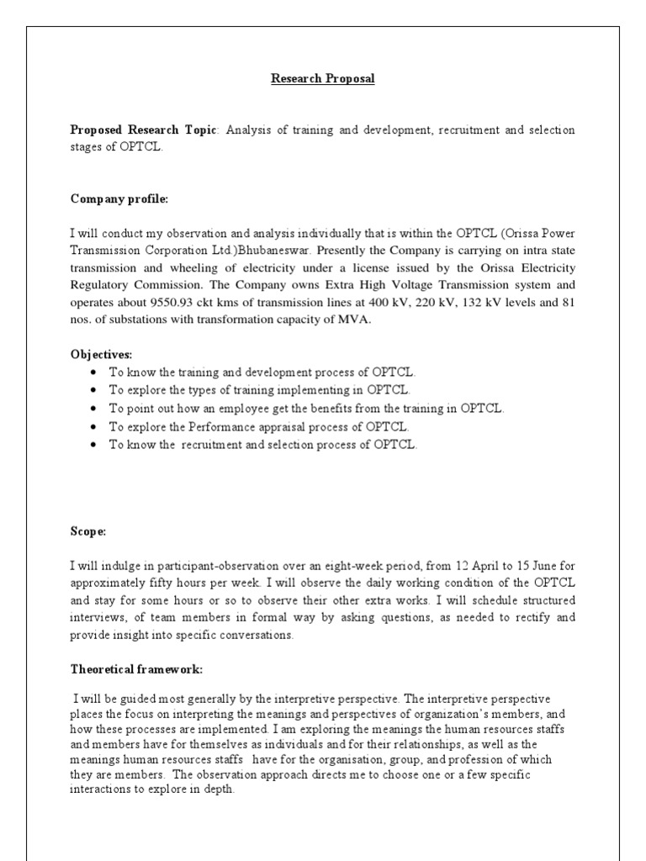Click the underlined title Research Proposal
pyautogui.click(x=322, y=79)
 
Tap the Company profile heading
pyautogui.click(x=119, y=199)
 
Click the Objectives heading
pyautogui.click(x=101, y=355)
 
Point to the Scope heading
pyautogui.click(x=87, y=531)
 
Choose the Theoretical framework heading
pyautogui.click(x=136, y=669)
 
